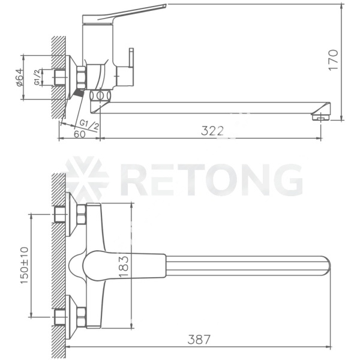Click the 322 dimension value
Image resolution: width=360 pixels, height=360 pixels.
[x=212, y=131]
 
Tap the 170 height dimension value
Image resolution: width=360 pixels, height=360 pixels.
[x=334, y=60]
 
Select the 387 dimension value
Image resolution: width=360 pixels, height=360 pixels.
[x=199, y=340]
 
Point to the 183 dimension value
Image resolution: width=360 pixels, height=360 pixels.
[x=124, y=266]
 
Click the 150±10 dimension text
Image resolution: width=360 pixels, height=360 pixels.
[x=25, y=265]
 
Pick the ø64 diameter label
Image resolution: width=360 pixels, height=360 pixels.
[x=19, y=77]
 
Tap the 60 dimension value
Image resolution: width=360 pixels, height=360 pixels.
[x=80, y=134]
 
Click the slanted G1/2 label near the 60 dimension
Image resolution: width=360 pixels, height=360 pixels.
[x=89, y=125]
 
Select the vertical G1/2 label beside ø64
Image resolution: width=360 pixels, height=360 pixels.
[x=37, y=77]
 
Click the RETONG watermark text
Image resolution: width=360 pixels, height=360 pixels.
[x=211, y=179]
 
